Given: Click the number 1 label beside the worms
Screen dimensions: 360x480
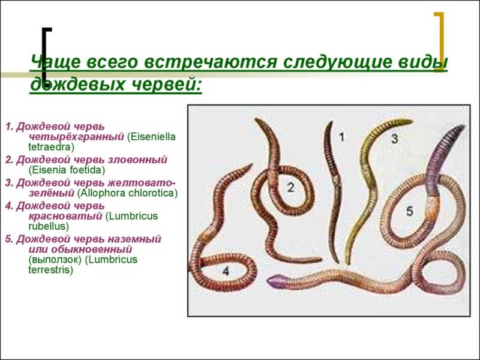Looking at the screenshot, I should pos(341,137).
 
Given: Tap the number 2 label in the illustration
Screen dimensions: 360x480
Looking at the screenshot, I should pos(290,187).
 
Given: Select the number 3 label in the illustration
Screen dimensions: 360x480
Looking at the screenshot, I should pos(394,139).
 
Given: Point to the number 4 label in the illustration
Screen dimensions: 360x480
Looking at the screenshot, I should pos(226,272).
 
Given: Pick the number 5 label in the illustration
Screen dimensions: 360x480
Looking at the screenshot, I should pos(409,211).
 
